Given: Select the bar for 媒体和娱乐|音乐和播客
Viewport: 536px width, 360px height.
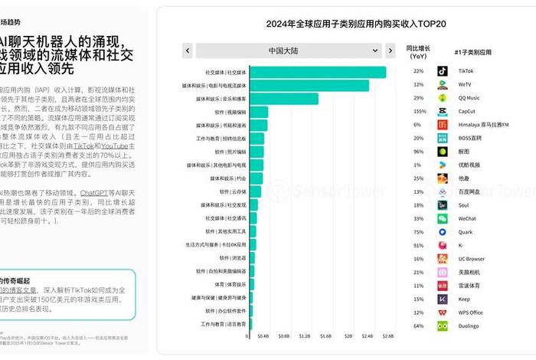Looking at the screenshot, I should [x=283, y=99].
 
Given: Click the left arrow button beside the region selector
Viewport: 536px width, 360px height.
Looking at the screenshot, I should [x=187, y=51].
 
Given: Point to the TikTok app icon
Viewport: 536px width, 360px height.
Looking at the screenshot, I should [x=443, y=71].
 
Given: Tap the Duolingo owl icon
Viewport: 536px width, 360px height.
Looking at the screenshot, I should [x=443, y=326].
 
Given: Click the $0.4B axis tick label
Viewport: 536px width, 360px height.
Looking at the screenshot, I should [x=263, y=335].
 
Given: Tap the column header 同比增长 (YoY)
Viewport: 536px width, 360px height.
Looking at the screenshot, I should [x=418, y=51].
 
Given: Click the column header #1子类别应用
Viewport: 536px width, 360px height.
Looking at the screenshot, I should [x=472, y=51].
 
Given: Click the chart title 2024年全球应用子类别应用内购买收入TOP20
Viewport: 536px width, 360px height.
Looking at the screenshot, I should [x=345, y=24].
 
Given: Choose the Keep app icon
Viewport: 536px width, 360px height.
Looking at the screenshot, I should [x=443, y=299].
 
